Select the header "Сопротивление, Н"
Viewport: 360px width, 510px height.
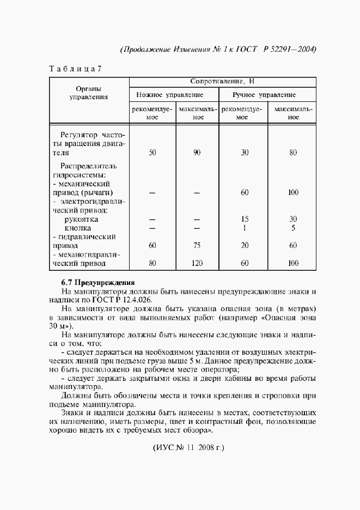pyautogui.click(x=222, y=82)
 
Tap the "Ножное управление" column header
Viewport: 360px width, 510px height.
pyautogui.click(x=173, y=95)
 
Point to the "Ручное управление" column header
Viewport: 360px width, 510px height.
pyautogui.click(x=265, y=95)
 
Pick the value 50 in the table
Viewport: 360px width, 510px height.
pyautogui.click(x=152, y=153)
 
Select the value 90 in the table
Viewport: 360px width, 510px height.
pyautogui.click(x=197, y=153)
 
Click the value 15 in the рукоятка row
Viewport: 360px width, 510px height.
pyautogui.click(x=245, y=219)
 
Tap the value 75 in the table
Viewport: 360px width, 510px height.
pyautogui.click(x=197, y=246)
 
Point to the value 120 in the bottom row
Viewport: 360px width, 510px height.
pyautogui.click(x=197, y=264)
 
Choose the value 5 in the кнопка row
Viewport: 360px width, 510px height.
pyautogui.click(x=293, y=228)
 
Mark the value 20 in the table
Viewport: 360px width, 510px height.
pyautogui.click(x=245, y=246)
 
